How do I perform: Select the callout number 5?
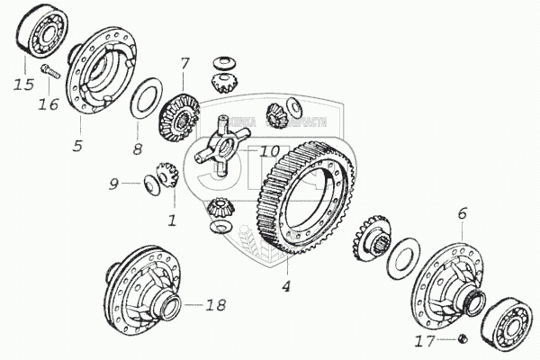[x=78, y=144]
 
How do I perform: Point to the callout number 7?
[x=184, y=64]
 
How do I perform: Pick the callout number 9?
[x=113, y=184]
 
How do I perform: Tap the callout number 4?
[x=285, y=287]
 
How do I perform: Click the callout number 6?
[x=463, y=213]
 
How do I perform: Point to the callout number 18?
[x=215, y=306]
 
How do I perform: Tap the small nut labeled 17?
[x=461, y=337]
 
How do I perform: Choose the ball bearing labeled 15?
[x=37, y=35]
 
